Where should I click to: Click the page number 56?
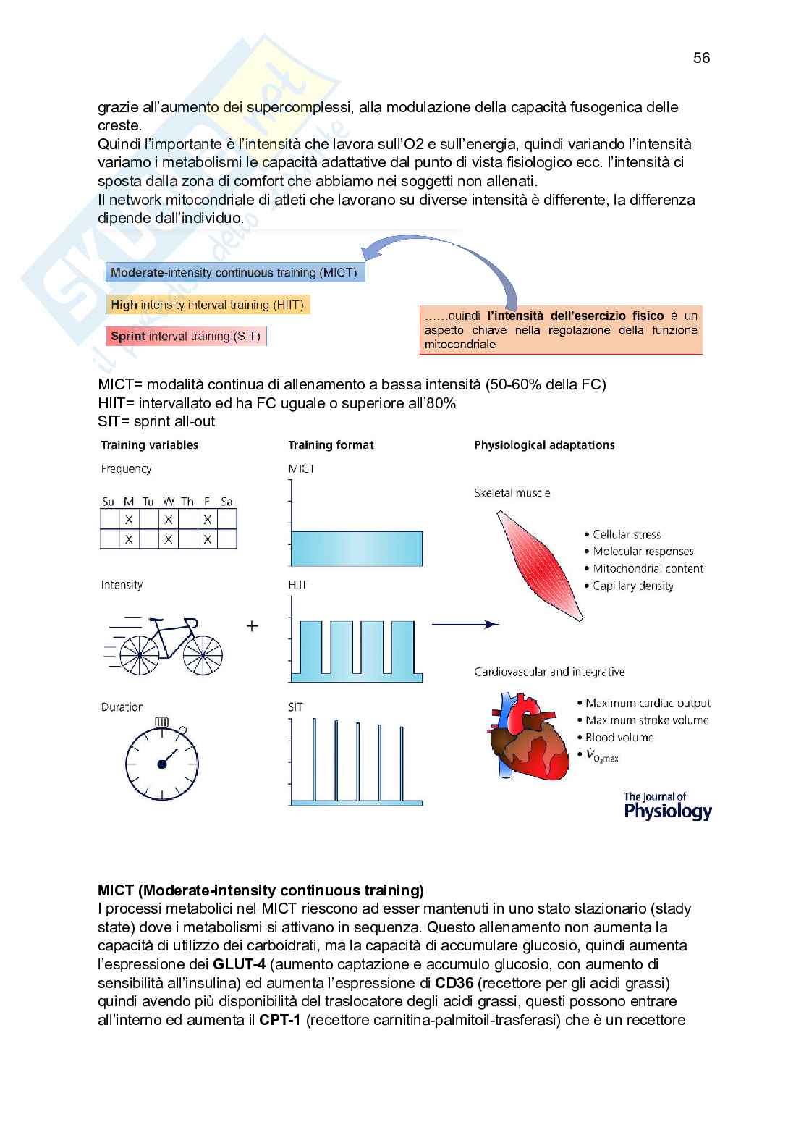701,58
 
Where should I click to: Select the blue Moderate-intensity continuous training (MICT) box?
234,273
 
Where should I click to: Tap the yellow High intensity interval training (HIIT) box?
207,305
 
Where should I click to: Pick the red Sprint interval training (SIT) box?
185,336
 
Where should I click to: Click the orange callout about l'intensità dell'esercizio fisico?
561,330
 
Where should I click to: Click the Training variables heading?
149,445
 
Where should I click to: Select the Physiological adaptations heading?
544,445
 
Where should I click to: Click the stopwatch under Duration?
162,762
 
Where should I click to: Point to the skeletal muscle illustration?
539,565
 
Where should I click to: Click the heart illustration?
528,737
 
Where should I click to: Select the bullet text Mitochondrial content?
648,569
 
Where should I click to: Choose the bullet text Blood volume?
619,738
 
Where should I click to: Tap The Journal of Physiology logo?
667,806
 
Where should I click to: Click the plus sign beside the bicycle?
253,626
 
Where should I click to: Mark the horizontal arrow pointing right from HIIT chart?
465,624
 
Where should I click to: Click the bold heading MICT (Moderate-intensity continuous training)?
261,890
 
